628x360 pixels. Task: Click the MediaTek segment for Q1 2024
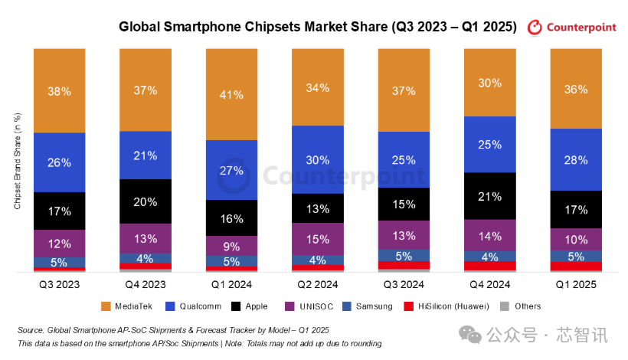(231, 94)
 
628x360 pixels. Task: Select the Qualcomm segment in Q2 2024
(317, 159)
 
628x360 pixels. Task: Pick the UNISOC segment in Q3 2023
(59, 243)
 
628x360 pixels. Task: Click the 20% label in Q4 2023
(145, 202)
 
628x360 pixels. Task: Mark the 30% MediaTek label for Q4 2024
(490, 83)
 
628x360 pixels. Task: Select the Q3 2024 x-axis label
(404, 284)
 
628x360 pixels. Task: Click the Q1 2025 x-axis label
(576, 284)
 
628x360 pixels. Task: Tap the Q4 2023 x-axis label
(145, 284)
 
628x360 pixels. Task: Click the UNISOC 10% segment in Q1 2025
(576, 239)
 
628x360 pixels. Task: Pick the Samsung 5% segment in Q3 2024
(404, 256)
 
